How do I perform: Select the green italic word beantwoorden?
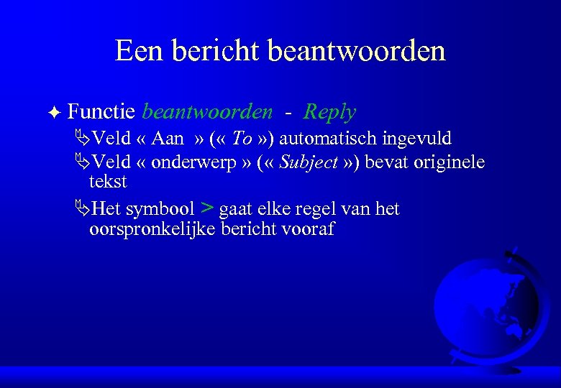(x=207, y=111)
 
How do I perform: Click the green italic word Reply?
(x=329, y=111)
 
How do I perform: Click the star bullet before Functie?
(x=57, y=112)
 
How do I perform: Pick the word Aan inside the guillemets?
(x=167, y=138)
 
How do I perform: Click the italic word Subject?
(x=309, y=163)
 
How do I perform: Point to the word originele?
(x=449, y=162)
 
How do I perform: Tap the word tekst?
(x=107, y=181)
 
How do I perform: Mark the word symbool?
(x=160, y=209)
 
